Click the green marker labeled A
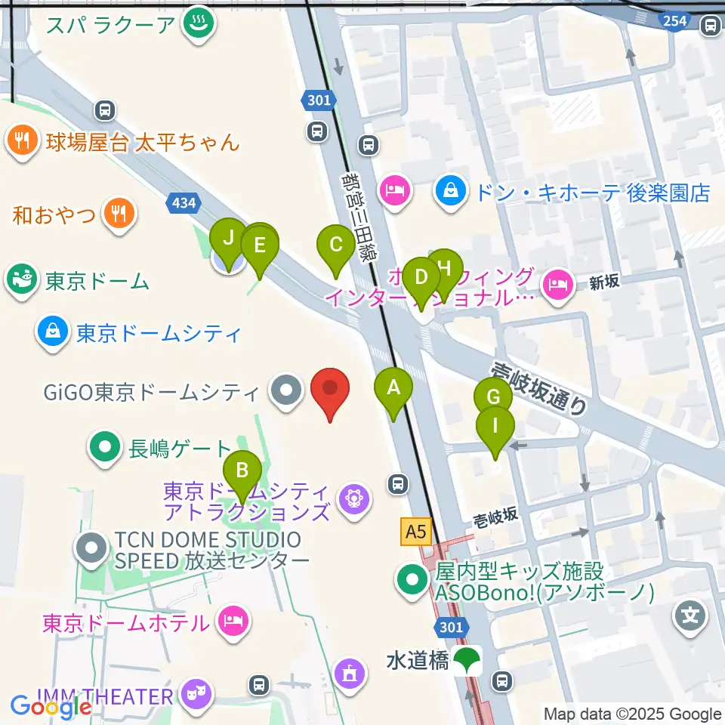point(393,388)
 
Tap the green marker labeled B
point(242,471)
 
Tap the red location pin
point(331,390)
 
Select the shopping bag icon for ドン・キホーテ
point(451,190)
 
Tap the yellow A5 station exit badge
point(415,532)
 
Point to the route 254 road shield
point(674,20)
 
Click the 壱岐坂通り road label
point(539,388)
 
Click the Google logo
point(51,707)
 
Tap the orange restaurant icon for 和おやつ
point(119,214)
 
